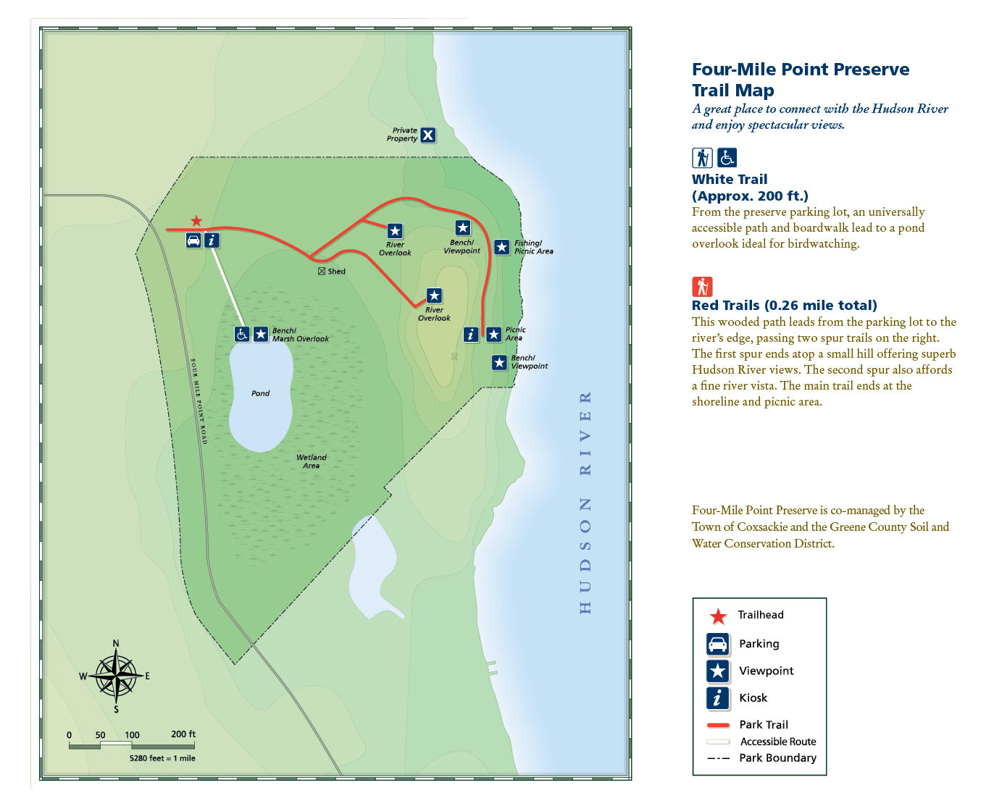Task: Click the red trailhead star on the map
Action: click(196, 221)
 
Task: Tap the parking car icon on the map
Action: click(193, 240)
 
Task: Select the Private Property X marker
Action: click(428, 135)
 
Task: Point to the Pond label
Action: click(260, 393)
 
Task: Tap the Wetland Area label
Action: click(311, 461)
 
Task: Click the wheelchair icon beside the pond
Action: click(242, 334)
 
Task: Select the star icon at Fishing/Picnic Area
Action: click(501, 247)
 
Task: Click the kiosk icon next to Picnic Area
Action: click(471, 335)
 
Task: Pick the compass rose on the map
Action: click(116, 675)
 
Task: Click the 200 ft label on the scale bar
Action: click(183, 734)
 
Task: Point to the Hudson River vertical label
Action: click(585, 503)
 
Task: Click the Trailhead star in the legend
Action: click(718, 616)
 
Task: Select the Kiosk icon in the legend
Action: click(717, 698)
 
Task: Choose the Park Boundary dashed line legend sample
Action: click(718, 758)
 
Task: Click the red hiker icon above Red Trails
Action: click(702, 287)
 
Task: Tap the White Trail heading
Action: click(730, 180)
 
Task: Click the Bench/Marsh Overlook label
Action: click(300, 335)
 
